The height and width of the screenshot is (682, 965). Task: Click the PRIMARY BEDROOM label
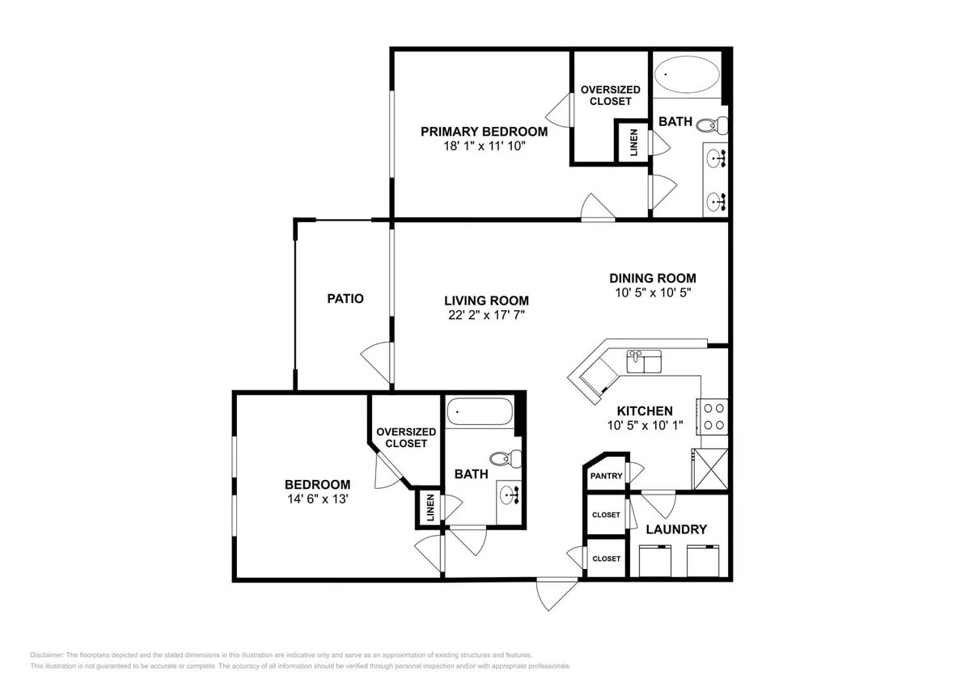pos(484,132)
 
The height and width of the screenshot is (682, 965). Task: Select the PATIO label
pos(345,298)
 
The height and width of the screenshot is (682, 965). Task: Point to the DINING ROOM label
pos(652,278)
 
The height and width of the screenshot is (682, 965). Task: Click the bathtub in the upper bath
pos(687,75)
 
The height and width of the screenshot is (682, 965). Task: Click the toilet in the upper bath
pos(711,125)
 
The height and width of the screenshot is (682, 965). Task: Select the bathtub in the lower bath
pos(480,413)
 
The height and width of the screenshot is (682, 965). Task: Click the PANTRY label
pos(606,476)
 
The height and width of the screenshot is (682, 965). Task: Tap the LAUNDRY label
pos(676,529)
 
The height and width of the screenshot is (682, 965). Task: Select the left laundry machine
pos(655,561)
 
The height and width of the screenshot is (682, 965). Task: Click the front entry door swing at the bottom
pos(557,594)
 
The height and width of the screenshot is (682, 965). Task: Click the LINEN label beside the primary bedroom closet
pos(633,142)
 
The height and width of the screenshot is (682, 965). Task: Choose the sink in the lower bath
pos(510,495)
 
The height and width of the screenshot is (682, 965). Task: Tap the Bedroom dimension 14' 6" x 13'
pos(317,499)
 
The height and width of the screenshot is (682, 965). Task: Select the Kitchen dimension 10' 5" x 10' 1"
pos(645,425)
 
